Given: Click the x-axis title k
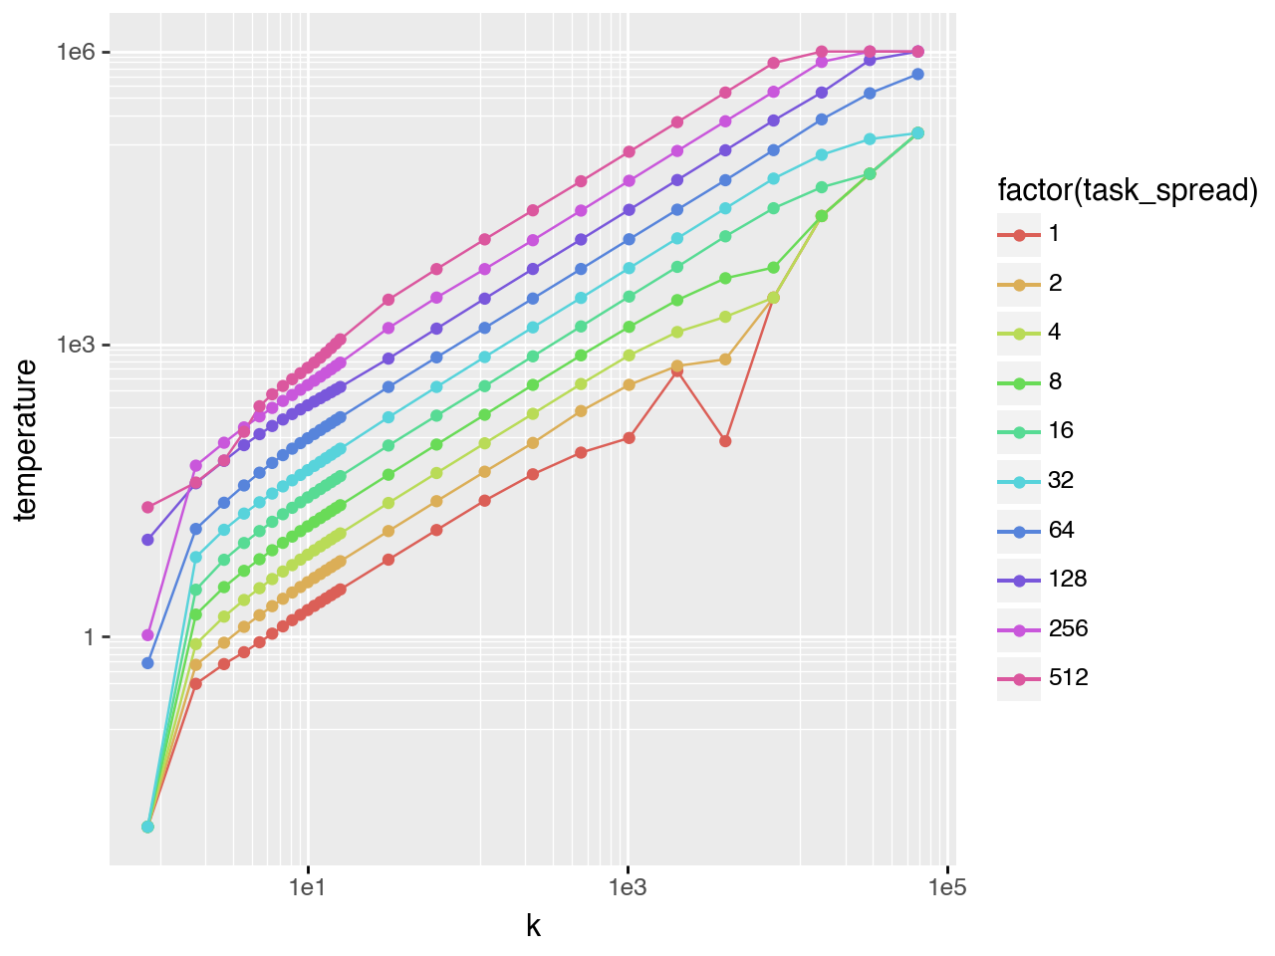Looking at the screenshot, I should [x=533, y=926].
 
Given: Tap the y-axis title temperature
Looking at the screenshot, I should [x=26, y=440].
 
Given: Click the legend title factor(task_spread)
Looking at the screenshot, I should [x=1128, y=189].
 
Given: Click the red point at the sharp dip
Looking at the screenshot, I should [x=725, y=440].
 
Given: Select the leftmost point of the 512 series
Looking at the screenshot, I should [x=147, y=507].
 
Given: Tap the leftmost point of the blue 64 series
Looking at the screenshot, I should [x=147, y=662].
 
